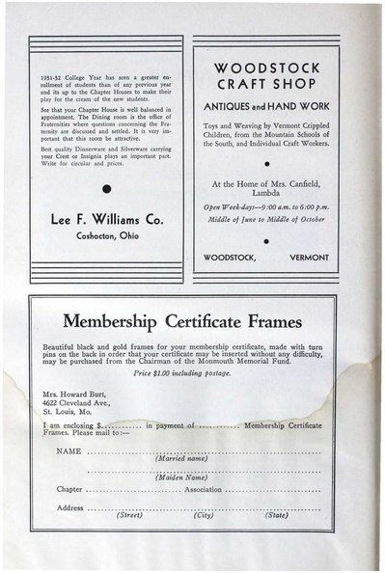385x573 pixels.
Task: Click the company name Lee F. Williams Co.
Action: point(106,220)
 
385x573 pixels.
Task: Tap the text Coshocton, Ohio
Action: point(106,238)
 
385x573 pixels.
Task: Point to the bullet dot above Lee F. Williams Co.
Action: point(106,190)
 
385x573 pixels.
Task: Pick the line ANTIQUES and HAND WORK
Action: point(265,104)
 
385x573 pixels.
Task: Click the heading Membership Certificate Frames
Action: point(192,320)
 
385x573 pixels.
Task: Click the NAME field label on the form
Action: point(69,450)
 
